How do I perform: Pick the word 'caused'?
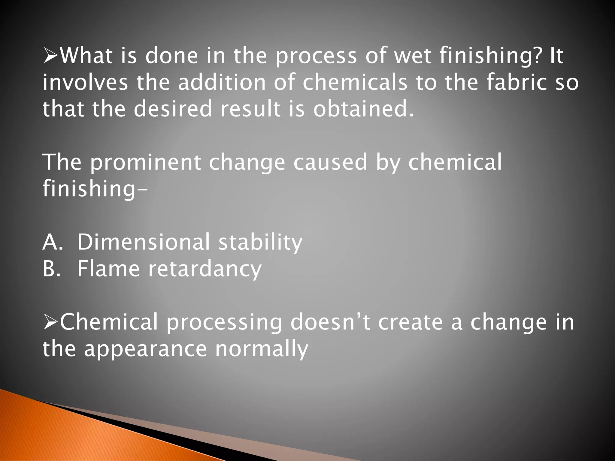point(330,162)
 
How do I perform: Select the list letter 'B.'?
point(53,268)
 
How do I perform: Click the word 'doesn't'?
point(330,322)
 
